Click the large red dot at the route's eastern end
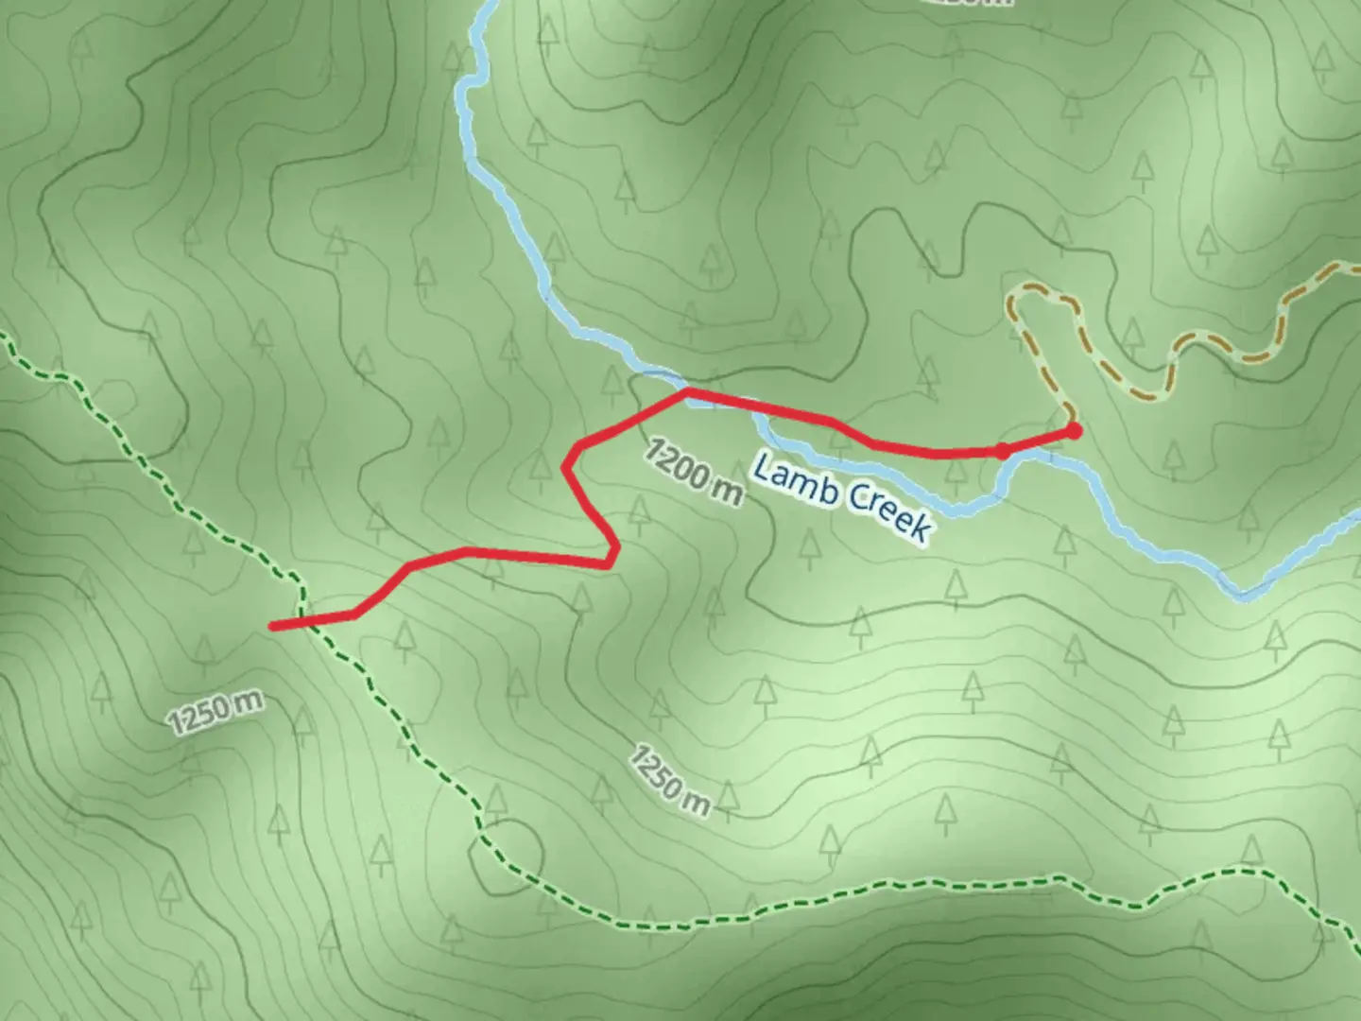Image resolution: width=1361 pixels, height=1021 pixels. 1074,431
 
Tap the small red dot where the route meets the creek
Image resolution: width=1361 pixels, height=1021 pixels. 1002,451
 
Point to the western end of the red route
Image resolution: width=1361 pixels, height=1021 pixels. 272,626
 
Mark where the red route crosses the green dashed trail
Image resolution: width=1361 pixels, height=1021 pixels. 305,621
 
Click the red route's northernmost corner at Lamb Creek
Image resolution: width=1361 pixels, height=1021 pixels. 688,389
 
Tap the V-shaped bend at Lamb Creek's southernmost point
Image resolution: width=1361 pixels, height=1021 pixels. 1244,595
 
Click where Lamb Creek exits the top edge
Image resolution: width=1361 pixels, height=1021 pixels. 488,3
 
